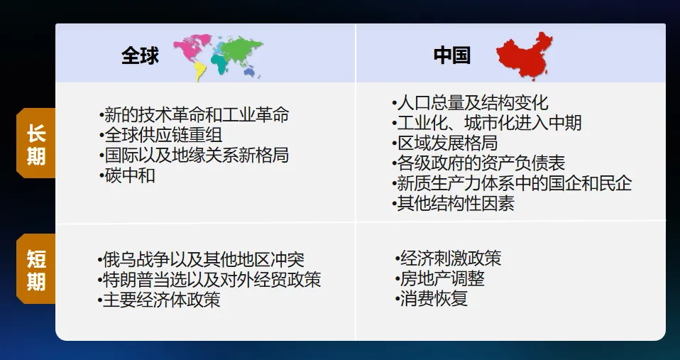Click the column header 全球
[140, 56]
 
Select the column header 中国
[451, 55]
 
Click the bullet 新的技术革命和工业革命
[193, 114]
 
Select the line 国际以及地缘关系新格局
[193, 155]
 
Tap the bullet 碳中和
[127, 175]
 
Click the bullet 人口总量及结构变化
[469, 103]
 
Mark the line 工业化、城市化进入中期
[486, 123]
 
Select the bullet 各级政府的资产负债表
[478, 163]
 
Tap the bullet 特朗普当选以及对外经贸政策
[209, 280]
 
